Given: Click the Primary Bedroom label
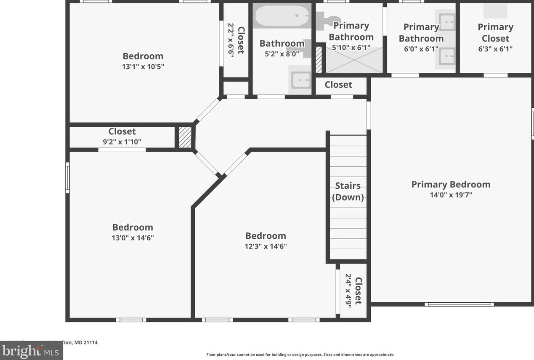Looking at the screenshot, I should pyautogui.click(x=451, y=184).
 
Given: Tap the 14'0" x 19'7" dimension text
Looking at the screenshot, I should pyautogui.click(x=451, y=195).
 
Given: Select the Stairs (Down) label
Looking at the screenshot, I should pyautogui.click(x=348, y=192).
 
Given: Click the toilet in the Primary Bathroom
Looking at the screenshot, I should pyautogui.click(x=327, y=19).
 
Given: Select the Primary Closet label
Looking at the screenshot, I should pyautogui.click(x=495, y=33).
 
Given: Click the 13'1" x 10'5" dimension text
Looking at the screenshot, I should pyautogui.click(x=143, y=67).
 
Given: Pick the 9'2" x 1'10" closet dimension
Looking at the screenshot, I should pyautogui.click(x=122, y=142).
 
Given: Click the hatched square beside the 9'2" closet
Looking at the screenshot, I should pyautogui.click(x=185, y=137).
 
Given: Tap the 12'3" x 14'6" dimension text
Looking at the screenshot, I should pyautogui.click(x=266, y=246).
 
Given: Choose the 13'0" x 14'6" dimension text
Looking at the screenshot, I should pyautogui.click(x=133, y=238).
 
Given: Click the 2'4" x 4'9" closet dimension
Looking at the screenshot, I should pyautogui.click(x=348, y=291).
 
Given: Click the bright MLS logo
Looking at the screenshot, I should pyautogui.click(x=32, y=351).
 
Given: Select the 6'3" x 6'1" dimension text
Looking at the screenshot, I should pyautogui.click(x=495, y=49).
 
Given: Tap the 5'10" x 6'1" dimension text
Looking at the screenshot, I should pyautogui.click(x=351, y=48).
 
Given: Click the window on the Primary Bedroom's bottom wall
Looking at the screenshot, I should pyautogui.click(x=459, y=304).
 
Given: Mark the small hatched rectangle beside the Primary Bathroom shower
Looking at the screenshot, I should pyautogui.click(x=319, y=59).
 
